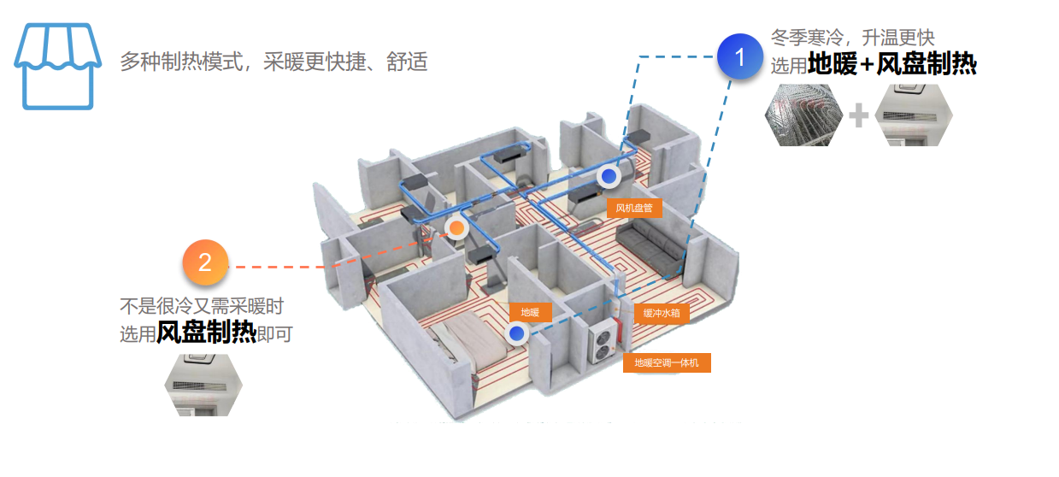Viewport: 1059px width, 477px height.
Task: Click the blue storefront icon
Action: tap(52, 67)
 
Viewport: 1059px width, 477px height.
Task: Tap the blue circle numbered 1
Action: tap(740, 57)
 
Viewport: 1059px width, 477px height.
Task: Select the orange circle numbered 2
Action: tap(204, 262)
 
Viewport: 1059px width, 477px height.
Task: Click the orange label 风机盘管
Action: tap(634, 208)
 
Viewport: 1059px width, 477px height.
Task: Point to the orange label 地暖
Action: tap(530, 313)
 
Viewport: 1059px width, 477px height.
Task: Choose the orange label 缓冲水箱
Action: tap(662, 313)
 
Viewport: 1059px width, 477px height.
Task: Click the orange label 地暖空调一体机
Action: tap(667, 363)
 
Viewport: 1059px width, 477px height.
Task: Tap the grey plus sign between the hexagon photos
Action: tap(859, 115)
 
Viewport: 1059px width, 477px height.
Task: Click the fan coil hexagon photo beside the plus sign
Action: tap(914, 115)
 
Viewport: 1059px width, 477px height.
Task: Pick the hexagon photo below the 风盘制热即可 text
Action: tap(203, 385)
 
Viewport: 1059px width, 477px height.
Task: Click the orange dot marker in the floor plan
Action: tap(457, 228)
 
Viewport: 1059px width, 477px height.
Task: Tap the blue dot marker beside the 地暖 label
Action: tap(516, 333)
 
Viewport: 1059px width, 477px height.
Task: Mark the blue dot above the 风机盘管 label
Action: tap(609, 176)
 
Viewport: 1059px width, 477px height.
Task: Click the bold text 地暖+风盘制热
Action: tap(891, 65)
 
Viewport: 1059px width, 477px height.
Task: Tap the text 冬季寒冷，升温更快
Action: tap(852, 38)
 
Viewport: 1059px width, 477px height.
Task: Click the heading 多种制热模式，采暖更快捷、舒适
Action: tap(274, 62)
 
